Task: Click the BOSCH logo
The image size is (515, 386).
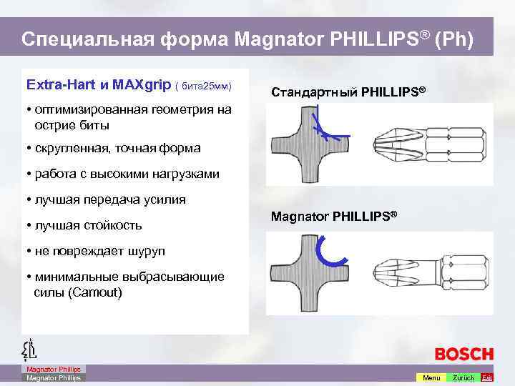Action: pyautogui.click(x=463, y=354)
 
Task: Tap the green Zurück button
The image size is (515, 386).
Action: pyautogui.click(x=463, y=377)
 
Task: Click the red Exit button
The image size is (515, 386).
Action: pyautogui.click(x=487, y=377)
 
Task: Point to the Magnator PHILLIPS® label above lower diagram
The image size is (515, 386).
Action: pyautogui.click(x=334, y=216)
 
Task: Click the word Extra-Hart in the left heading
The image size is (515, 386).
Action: pyautogui.click(x=54, y=84)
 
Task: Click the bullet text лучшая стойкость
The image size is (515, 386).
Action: pyautogui.click(x=87, y=225)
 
